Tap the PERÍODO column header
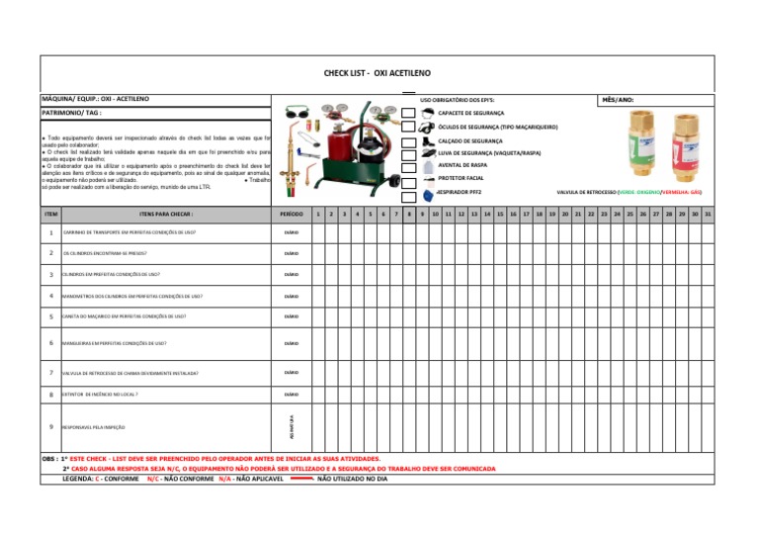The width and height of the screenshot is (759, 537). pos(291,214)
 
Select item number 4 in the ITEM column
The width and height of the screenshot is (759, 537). pos(50,296)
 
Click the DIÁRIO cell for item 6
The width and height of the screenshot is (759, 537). pos(291,343)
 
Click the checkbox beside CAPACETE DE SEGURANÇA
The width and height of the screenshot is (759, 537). pos(408,114)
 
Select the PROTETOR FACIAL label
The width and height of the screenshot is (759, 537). pos(461,178)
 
